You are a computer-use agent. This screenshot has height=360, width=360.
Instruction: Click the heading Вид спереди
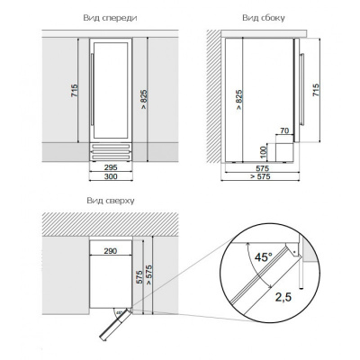click(110, 18)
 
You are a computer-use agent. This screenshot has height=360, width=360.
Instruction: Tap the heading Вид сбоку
click(264, 18)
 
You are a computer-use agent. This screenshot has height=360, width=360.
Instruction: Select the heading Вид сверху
click(111, 201)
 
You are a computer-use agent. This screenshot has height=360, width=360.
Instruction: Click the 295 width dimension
click(111, 167)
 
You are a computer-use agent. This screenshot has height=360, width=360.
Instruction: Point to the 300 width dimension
click(111, 176)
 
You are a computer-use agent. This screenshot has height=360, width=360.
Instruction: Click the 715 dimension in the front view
click(74, 90)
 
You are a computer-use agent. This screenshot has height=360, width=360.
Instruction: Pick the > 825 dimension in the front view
click(144, 99)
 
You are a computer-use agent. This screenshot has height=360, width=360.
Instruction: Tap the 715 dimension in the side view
click(316, 90)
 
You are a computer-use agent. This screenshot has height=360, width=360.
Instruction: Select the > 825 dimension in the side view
click(238, 100)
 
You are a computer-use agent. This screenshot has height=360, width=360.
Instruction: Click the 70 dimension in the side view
click(284, 130)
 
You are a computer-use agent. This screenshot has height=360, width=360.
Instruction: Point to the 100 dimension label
click(264, 153)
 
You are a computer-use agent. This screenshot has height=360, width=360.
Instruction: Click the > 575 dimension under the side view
click(260, 176)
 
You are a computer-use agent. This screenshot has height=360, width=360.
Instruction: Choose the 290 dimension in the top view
click(111, 251)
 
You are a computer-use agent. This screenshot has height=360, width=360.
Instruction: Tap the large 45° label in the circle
click(264, 256)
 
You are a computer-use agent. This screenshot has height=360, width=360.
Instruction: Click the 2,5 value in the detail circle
click(283, 297)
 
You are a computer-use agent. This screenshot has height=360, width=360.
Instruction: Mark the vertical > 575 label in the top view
click(148, 275)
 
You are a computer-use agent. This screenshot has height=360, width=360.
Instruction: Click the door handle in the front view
click(93, 90)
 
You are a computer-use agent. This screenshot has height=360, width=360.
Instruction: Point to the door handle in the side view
click(302, 89)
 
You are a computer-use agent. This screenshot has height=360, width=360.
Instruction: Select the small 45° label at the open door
click(119, 312)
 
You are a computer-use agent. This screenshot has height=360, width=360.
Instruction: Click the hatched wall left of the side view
click(213, 96)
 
